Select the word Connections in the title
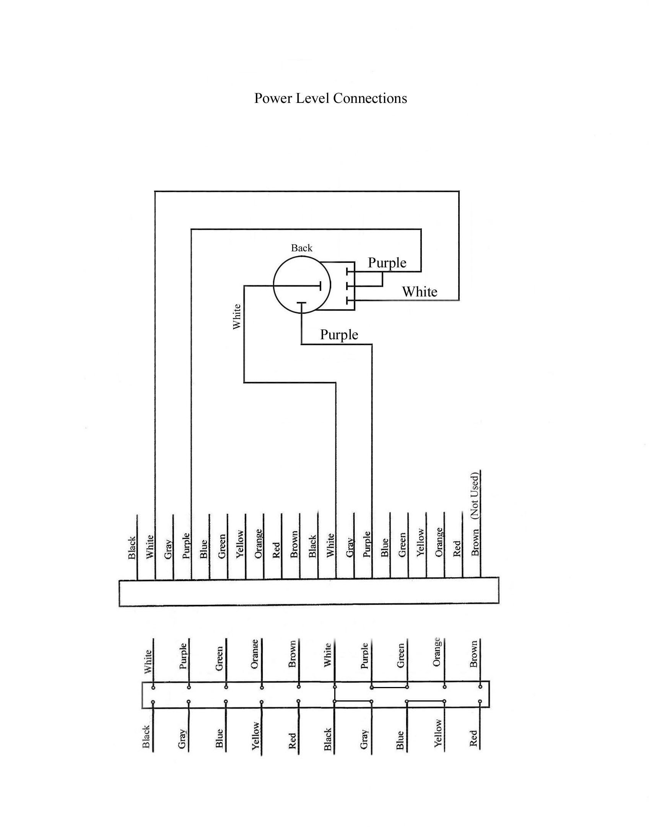tap(370, 99)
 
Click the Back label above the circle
tap(301, 248)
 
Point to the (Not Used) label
tap(475, 496)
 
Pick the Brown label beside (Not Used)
tap(475, 542)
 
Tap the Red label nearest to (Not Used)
tap(457, 549)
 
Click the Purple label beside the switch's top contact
tap(387, 263)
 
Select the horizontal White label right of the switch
tap(420, 292)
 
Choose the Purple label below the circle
tap(339, 335)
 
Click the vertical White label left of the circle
tap(237, 316)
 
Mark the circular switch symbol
tap(302, 285)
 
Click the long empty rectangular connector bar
tap(309, 592)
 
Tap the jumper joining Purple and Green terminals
tap(389, 687)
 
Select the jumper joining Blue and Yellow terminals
tap(425, 701)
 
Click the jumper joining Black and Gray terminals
tap(353, 701)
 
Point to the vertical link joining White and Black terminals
tap(335, 694)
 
